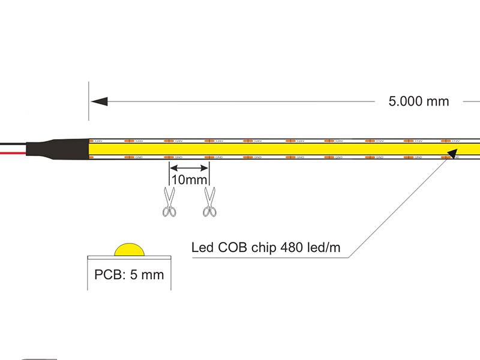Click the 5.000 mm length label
pos(418,101)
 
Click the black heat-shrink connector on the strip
pos(63,148)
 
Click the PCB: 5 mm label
pos(128,275)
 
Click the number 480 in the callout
pos(292,247)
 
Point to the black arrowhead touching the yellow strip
pos(451,155)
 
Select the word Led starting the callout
pos(202,247)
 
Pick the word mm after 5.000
pos(437,101)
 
